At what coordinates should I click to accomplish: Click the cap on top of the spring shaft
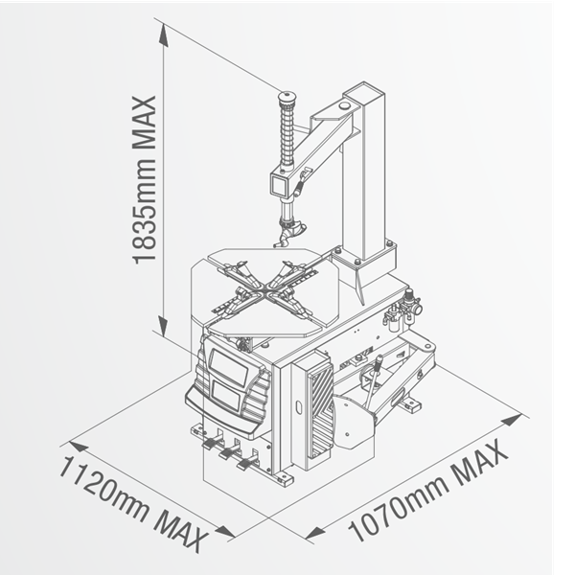285,96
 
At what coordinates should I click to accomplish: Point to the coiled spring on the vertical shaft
285,134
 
